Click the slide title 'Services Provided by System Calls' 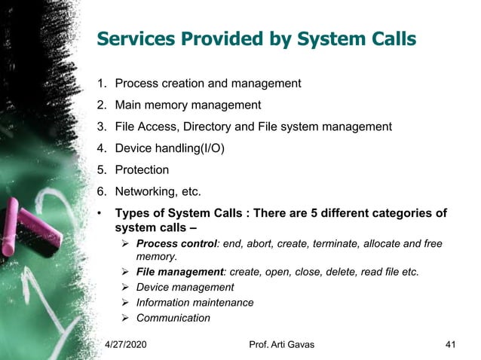(256, 38)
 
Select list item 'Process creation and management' (207, 84)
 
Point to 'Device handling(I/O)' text (170, 148)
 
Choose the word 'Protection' (142, 170)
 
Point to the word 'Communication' (173, 318)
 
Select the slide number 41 (451, 345)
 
